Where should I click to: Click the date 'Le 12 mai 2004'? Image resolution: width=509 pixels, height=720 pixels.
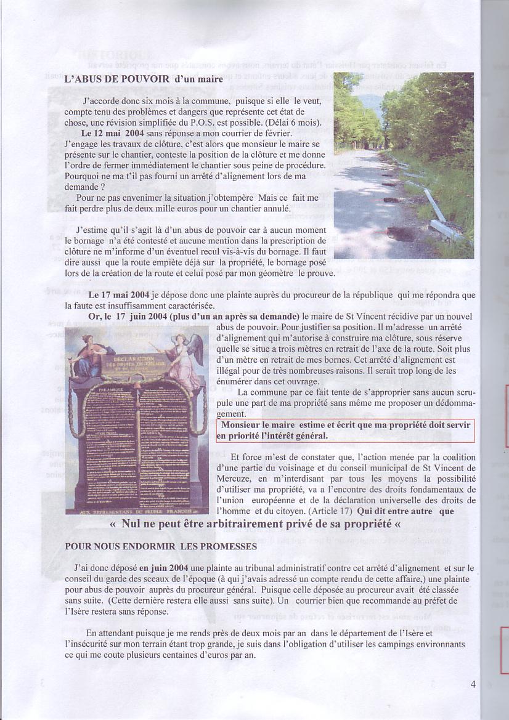110,132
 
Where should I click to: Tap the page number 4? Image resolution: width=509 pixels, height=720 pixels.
473,684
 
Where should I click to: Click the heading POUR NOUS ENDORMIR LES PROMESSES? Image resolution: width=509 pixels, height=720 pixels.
160,546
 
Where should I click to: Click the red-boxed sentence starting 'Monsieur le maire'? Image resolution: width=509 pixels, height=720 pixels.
345,431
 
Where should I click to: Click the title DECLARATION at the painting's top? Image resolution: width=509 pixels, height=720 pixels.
137,358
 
